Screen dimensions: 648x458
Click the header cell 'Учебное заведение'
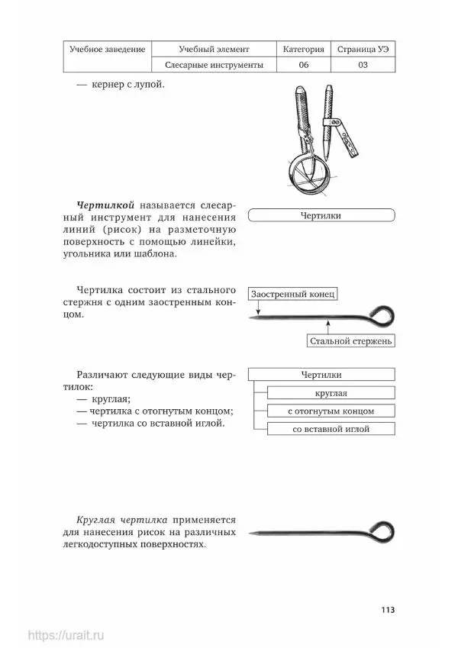coord(107,49)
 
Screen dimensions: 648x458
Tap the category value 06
coord(303,66)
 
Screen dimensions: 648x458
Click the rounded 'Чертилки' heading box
coord(321,216)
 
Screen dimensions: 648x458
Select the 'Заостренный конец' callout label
coord(292,294)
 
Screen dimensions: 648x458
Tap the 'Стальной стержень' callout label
coord(352,340)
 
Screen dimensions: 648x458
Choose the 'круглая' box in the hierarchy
coord(331,392)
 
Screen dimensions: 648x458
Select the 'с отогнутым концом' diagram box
coord(331,411)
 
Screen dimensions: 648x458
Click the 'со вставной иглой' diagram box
coord(331,429)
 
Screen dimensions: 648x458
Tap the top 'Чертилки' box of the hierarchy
coord(321,374)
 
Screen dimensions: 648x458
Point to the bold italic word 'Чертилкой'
coord(106,206)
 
